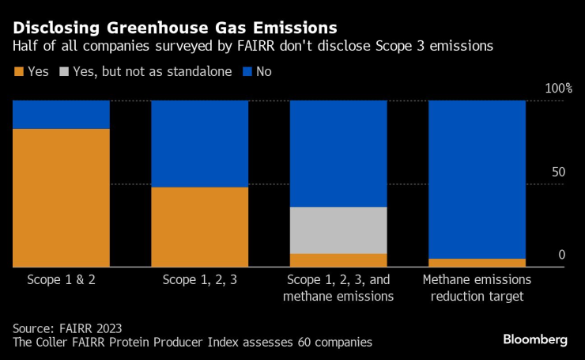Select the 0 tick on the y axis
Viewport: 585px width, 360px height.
pyautogui.click(x=561, y=255)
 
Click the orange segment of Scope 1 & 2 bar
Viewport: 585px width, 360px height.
pyautogui.click(x=61, y=198)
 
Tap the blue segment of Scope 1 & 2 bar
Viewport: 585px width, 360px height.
pyautogui.click(x=61, y=114)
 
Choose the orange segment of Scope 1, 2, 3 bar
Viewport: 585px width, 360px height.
pyautogui.click(x=199, y=227)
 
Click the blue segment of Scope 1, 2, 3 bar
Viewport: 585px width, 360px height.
pyautogui.click(x=199, y=143)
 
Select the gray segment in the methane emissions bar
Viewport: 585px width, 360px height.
pyautogui.click(x=338, y=230)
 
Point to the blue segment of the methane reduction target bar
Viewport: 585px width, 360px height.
pyautogui.click(x=477, y=179)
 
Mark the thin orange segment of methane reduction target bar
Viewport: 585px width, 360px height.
pyautogui.click(x=477, y=263)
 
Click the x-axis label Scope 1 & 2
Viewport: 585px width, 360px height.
pyautogui.click(x=61, y=280)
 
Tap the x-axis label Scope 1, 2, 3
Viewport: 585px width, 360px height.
pyautogui.click(x=199, y=280)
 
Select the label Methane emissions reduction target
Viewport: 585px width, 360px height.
pyautogui.click(x=477, y=288)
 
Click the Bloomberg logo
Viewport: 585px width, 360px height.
pyautogui.click(x=534, y=339)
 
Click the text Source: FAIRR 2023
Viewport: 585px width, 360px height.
pyautogui.click(x=67, y=328)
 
